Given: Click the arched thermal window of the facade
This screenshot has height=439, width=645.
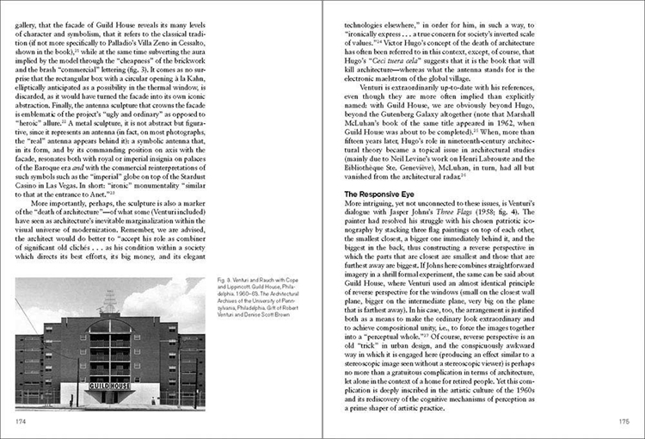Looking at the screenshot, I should coord(109,327).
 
